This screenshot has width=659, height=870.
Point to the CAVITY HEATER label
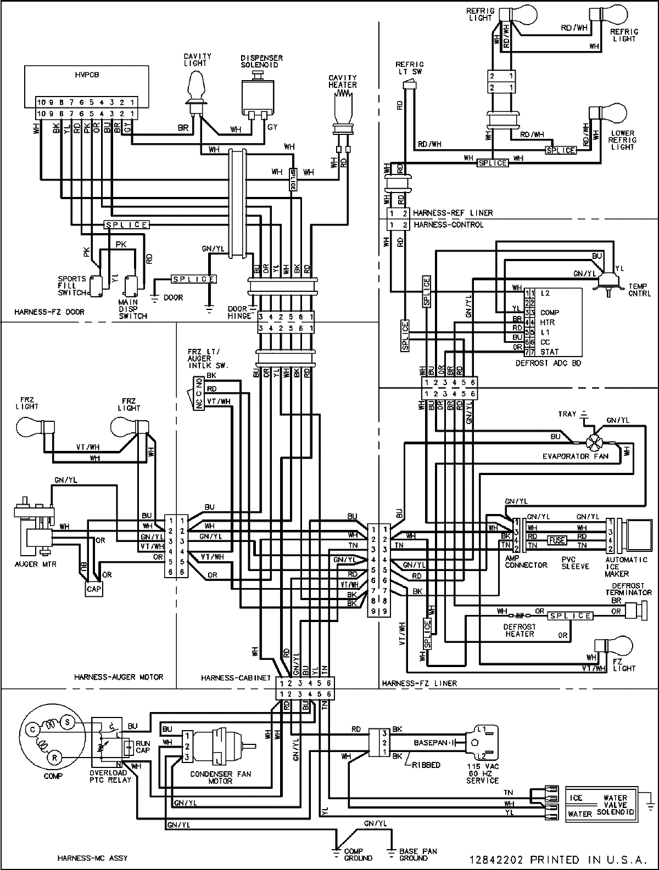pos(343,81)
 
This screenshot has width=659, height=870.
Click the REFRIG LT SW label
pos(410,68)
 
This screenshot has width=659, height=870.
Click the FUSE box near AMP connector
pos(557,540)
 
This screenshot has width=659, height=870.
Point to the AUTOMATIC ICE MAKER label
pos(619,567)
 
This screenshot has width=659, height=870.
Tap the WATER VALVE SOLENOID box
pos(600,805)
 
